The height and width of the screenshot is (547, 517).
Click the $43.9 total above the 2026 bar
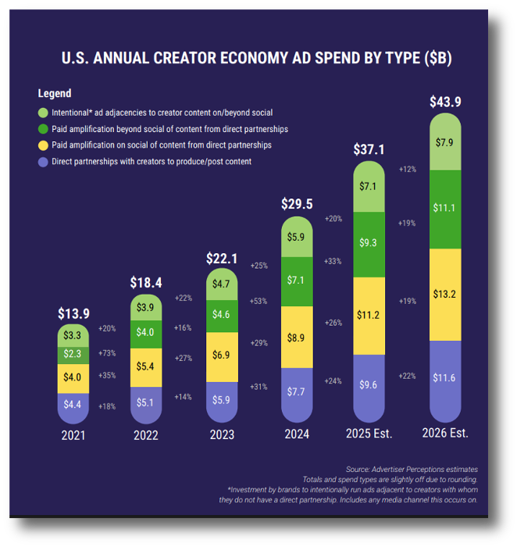pyautogui.click(x=445, y=102)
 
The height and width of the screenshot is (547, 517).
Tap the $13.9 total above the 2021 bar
pyautogui.click(x=73, y=313)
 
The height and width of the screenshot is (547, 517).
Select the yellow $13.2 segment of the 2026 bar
pyautogui.click(x=445, y=294)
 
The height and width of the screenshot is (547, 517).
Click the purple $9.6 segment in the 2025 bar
pyautogui.click(x=369, y=384)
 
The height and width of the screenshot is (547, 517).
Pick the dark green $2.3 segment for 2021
pyautogui.click(x=73, y=354)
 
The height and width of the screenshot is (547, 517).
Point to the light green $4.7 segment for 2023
pyautogui.click(x=221, y=284)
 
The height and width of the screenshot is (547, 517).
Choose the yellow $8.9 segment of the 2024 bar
pyautogui.click(x=296, y=338)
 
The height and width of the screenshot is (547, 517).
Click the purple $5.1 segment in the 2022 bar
pyautogui.click(x=145, y=403)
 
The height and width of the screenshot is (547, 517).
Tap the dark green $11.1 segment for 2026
pyautogui.click(x=445, y=208)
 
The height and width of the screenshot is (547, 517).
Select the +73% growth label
pyautogui.click(x=107, y=353)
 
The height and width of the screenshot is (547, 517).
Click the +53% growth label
pyautogui.click(x=258, y=301)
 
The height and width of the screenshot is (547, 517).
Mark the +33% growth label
pyautogui.click(x=333, y=261)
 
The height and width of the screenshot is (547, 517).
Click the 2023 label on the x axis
pyautogui.click(x=221, y=435)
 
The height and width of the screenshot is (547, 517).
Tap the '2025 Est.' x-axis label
pyautogui.click(x=369, y=433)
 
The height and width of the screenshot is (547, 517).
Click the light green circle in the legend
pyautogui.click(x=43, y=113)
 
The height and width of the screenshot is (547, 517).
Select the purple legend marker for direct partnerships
pyautogui.click(x=43, y=162)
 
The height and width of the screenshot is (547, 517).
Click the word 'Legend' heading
pyautogui.click(x=55, y=94)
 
